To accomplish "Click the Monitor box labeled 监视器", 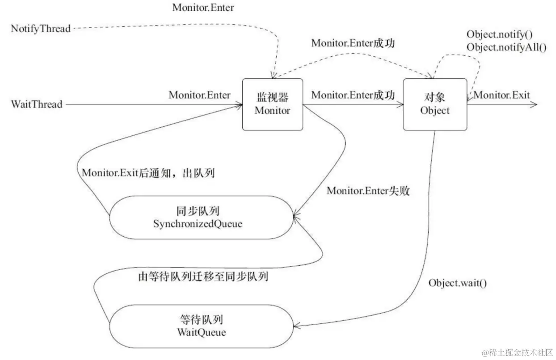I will pos(273,105).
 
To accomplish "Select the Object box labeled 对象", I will pos(435,105).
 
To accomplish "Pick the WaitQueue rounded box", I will pos(199,326).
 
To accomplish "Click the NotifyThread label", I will pos(41,29).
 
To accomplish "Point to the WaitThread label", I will pos(37,105).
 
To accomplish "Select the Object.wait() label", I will pos(457,283).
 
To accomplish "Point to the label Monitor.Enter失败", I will pos(368,191).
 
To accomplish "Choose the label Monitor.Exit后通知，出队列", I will pos(148,173).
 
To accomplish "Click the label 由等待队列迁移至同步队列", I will pos(203,276).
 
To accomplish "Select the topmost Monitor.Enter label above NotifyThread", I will pos(203,8).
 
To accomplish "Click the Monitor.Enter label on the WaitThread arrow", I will pos(199,95).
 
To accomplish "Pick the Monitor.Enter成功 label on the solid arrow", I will pos(353,95).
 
